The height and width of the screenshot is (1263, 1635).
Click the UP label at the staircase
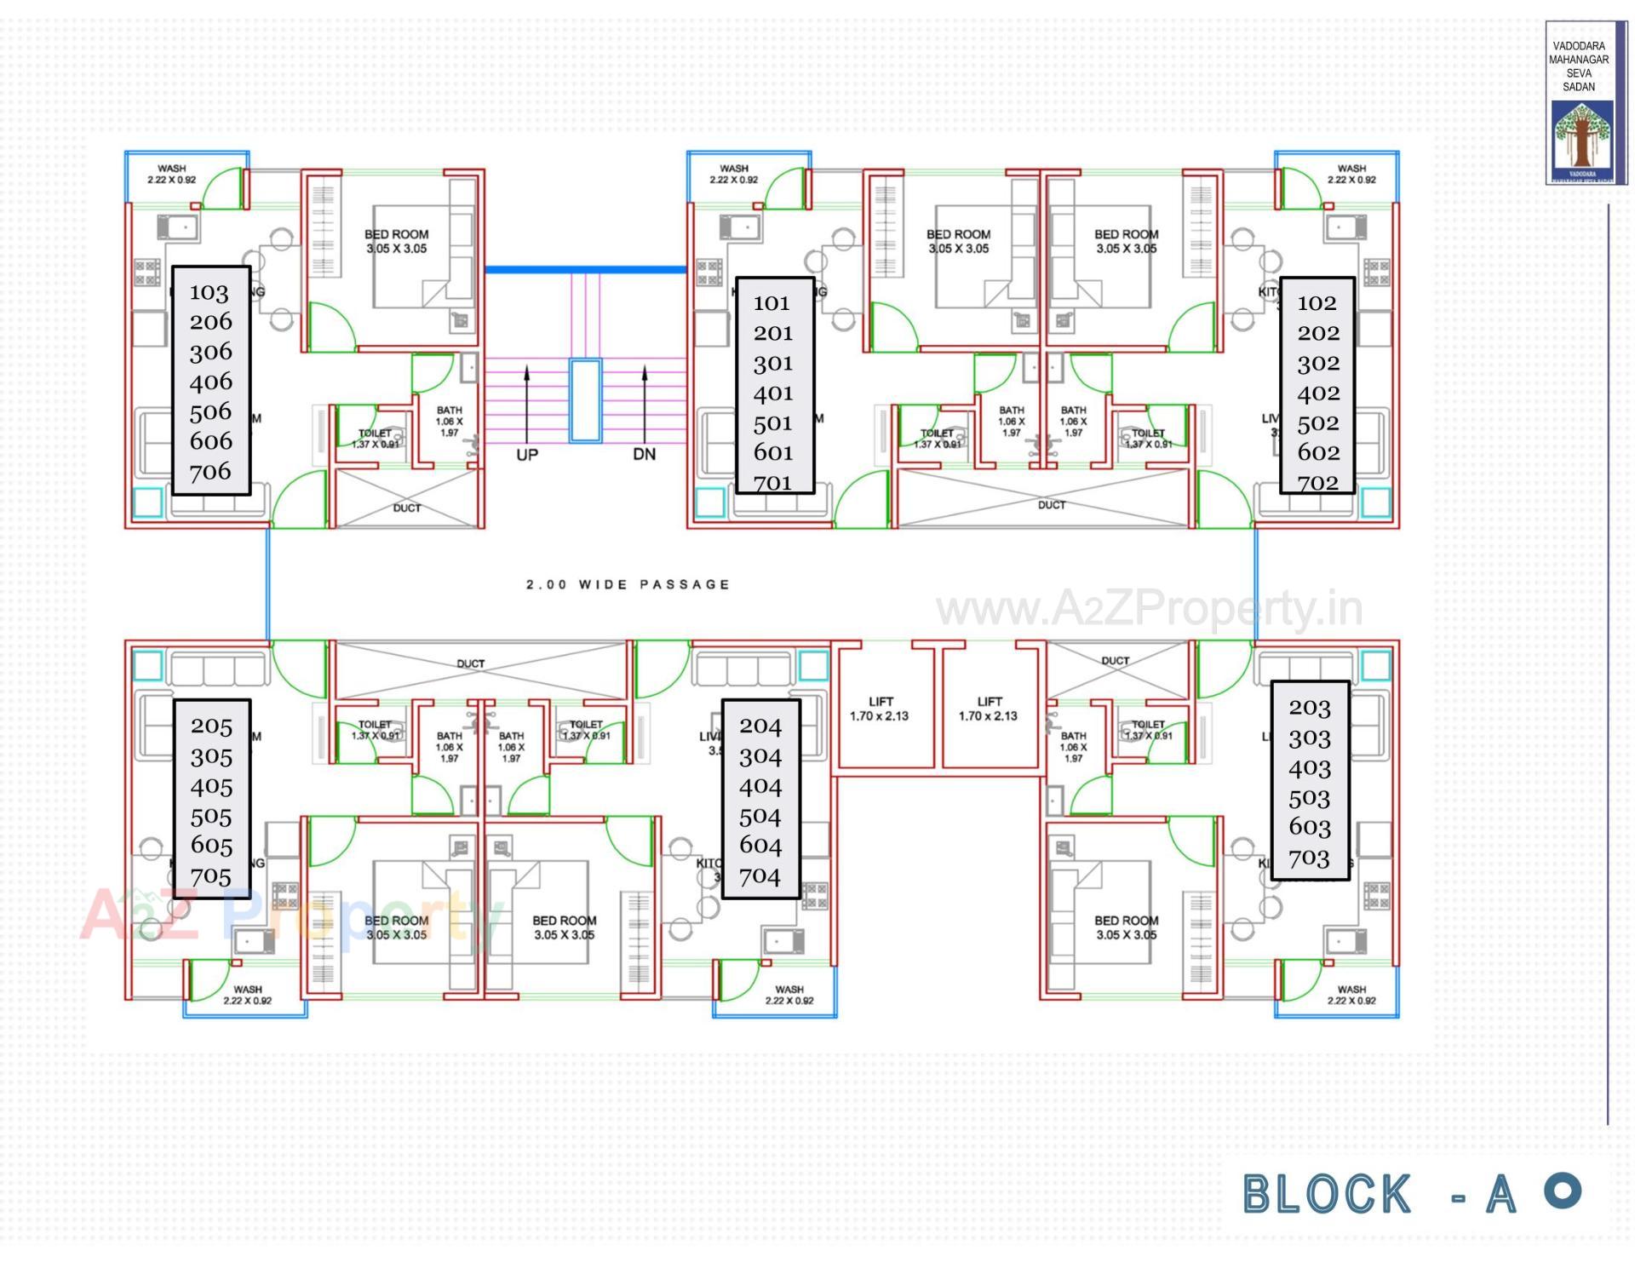526,455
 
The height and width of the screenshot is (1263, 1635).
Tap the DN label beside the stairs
644,454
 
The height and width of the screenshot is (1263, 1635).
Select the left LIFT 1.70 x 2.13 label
880,709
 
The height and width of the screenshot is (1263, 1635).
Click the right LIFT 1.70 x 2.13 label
989,709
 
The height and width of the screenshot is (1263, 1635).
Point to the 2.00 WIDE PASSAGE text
628,584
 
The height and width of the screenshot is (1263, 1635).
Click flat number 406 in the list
210,382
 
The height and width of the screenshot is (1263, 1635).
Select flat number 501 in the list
772,423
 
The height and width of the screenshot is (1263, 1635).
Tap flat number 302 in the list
1318,364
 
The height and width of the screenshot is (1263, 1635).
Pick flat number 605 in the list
211,846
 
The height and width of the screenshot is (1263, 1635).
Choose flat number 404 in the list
760,786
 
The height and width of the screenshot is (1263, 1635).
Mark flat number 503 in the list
1309,799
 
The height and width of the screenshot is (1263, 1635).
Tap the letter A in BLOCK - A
1501,1194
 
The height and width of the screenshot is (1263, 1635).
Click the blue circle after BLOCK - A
1563,1190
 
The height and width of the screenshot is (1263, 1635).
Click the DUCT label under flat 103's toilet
406,508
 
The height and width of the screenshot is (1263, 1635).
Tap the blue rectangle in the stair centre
585,400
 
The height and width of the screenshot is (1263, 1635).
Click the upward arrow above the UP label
527,400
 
